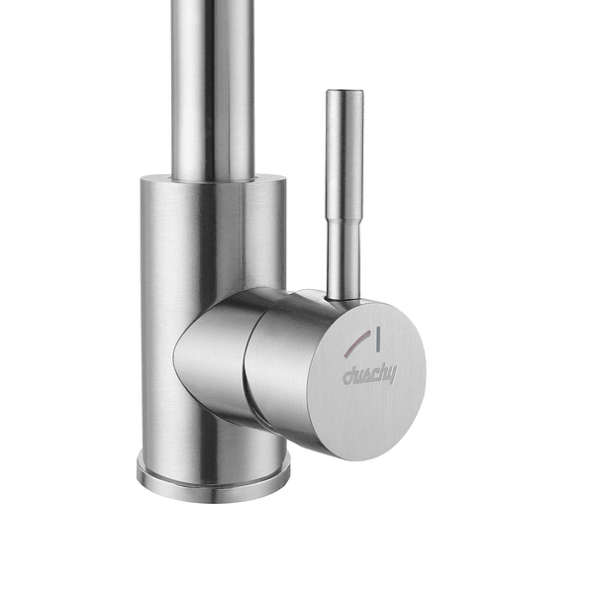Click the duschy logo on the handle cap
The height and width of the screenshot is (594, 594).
pyautogui.click(x=369, y=374)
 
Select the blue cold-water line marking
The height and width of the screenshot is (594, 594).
pyautogui.click(x=378, y=338)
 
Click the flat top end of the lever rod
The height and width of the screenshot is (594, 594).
pyautogui.click(x=345, y=91)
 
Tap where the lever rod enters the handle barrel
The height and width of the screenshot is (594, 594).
pyautogui.click(x=344, y=300)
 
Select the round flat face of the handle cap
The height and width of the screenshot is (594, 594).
pyautogui.click(x=366, y=379)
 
